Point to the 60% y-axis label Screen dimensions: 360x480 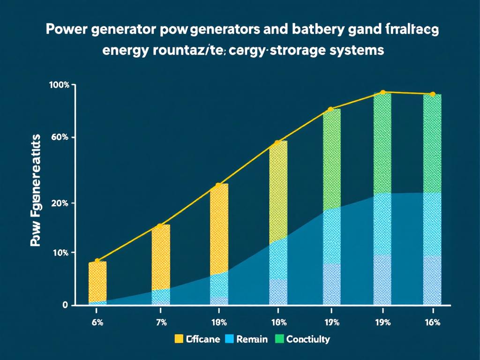(x=60, y=137)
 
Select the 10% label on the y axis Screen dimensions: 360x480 (x=60, y=253)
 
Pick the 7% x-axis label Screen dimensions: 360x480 (x=161, y=322)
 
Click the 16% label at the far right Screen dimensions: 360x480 (x=432, y=322)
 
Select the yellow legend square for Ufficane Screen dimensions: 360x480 (x=179, y=339)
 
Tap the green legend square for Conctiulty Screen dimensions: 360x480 (x=279, y=339)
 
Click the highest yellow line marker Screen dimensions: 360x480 (x=383, y=92)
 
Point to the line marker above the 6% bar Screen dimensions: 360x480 (x=97, y=261)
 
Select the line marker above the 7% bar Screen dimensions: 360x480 (x=160, y=226)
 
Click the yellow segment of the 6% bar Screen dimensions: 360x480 (x=97, y=281)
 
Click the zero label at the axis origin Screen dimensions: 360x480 (x=65, y=305)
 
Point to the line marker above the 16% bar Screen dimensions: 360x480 (x=432, y=94)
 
